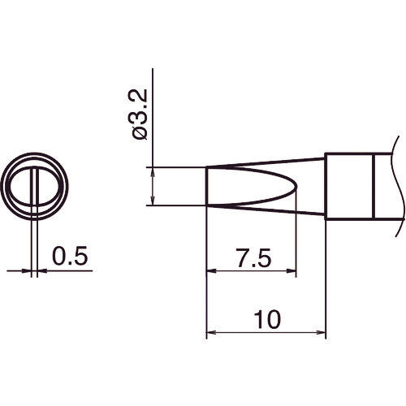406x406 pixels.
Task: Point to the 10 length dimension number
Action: (x=266, y=319)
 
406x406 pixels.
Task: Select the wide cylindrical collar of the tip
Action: (x=348, y=185)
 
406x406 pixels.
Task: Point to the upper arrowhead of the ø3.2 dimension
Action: (x=153, y=172)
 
